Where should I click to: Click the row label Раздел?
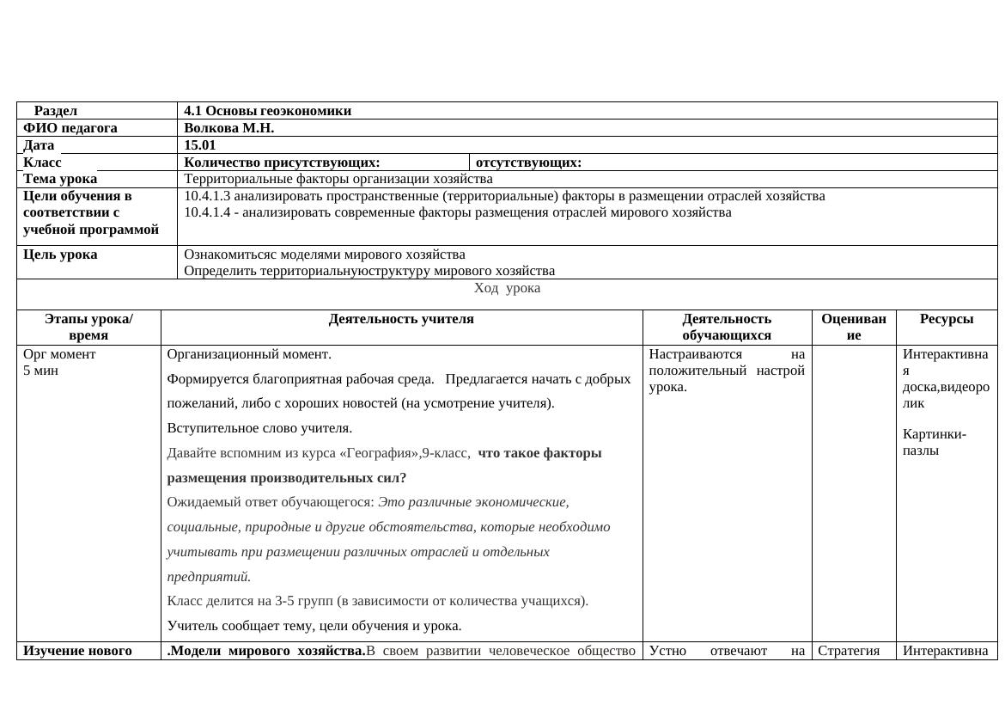[56, 111]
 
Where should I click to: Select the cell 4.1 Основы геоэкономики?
[267, 111]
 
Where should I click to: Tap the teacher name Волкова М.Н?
[228, 128]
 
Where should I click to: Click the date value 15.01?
[199, 145]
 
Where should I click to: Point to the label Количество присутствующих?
[282, 162]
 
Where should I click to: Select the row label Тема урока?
[60, 179]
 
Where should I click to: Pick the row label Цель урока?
[60, 254]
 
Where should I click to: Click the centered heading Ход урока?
[507, 288]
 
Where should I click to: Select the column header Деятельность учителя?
[401, 319]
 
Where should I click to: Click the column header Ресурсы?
[947, 319]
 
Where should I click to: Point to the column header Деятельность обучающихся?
[727, 327]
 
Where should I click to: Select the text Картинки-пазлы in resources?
[935, 442]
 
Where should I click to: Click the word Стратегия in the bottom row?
[849, 651]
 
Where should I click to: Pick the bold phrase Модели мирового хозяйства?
[266, 651]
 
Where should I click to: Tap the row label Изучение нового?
[77, 651]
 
